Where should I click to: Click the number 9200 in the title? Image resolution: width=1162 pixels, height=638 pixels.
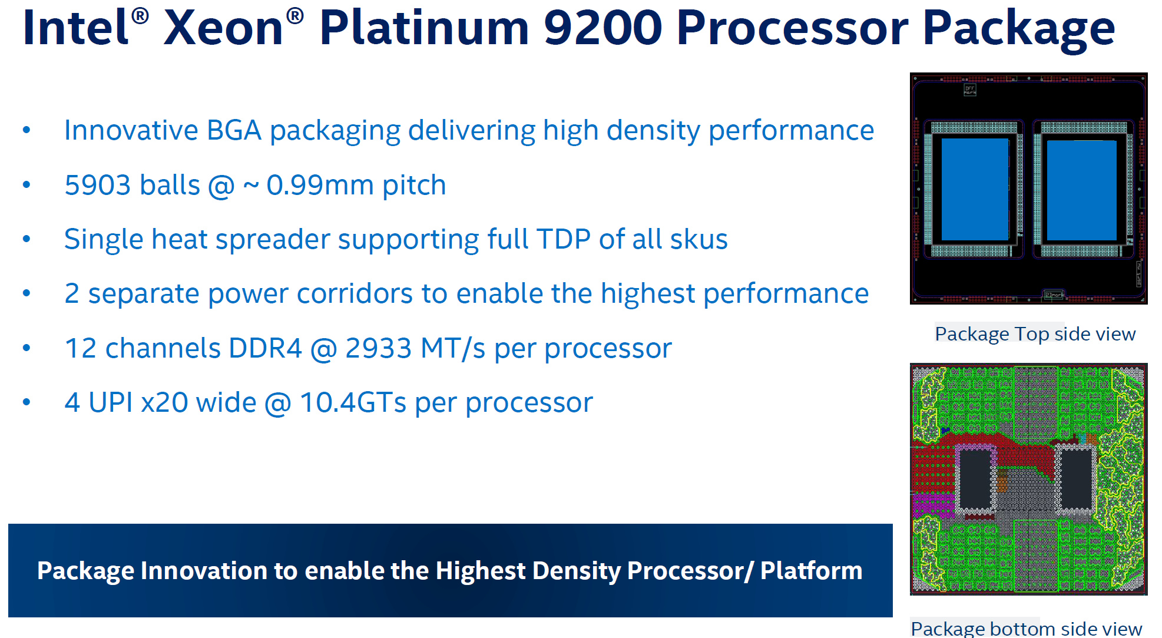coord(603,28)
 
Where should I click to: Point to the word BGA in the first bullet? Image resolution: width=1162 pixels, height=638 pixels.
coord(234,130)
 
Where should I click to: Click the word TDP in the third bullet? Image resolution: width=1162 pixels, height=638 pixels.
coord(563,239)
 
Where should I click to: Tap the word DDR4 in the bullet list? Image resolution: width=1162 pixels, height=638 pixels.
coord(265,348)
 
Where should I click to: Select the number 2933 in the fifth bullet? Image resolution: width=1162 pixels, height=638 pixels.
coord(378,348)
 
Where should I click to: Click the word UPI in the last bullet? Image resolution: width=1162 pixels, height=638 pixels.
coord(110,403)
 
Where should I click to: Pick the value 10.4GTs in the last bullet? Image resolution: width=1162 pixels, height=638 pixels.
coord(353,403)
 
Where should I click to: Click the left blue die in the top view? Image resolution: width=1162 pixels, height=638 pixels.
coord(975,189)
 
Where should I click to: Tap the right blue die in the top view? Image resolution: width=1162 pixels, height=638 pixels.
coord(1081,190)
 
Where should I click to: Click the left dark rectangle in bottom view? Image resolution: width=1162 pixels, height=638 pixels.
coord(975,478)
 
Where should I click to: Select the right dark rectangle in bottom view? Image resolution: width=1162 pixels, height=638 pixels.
coord(1075,478)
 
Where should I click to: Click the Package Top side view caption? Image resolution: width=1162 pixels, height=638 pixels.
coord(1035,334)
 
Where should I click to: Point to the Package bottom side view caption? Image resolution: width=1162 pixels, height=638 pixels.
coord(1026,628)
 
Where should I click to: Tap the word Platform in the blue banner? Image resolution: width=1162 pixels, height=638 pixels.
coord(811,571)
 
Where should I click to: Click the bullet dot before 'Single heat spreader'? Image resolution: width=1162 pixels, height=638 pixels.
coord(27,239)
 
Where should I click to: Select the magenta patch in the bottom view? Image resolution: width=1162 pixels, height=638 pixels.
coord(933,505)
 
